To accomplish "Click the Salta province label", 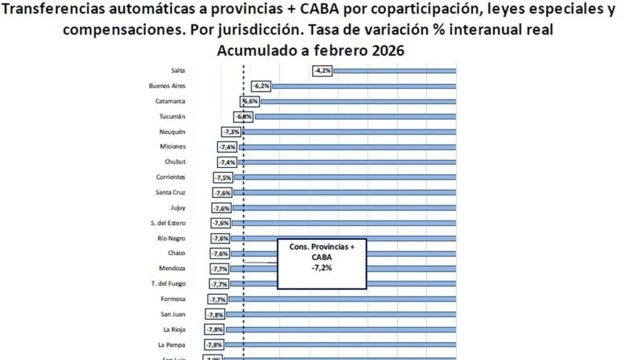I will [177, 71].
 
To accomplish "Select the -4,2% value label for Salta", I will [322, 71].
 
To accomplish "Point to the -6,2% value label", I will [261, 86].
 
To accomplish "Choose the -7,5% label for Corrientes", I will [224, 177].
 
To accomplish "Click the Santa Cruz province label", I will [170, 192].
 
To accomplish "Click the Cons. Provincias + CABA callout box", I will [322, 262].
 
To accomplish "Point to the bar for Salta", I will [394, 71].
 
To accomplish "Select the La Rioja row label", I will [174, 329].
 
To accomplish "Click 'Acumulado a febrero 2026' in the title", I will [310, 51].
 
